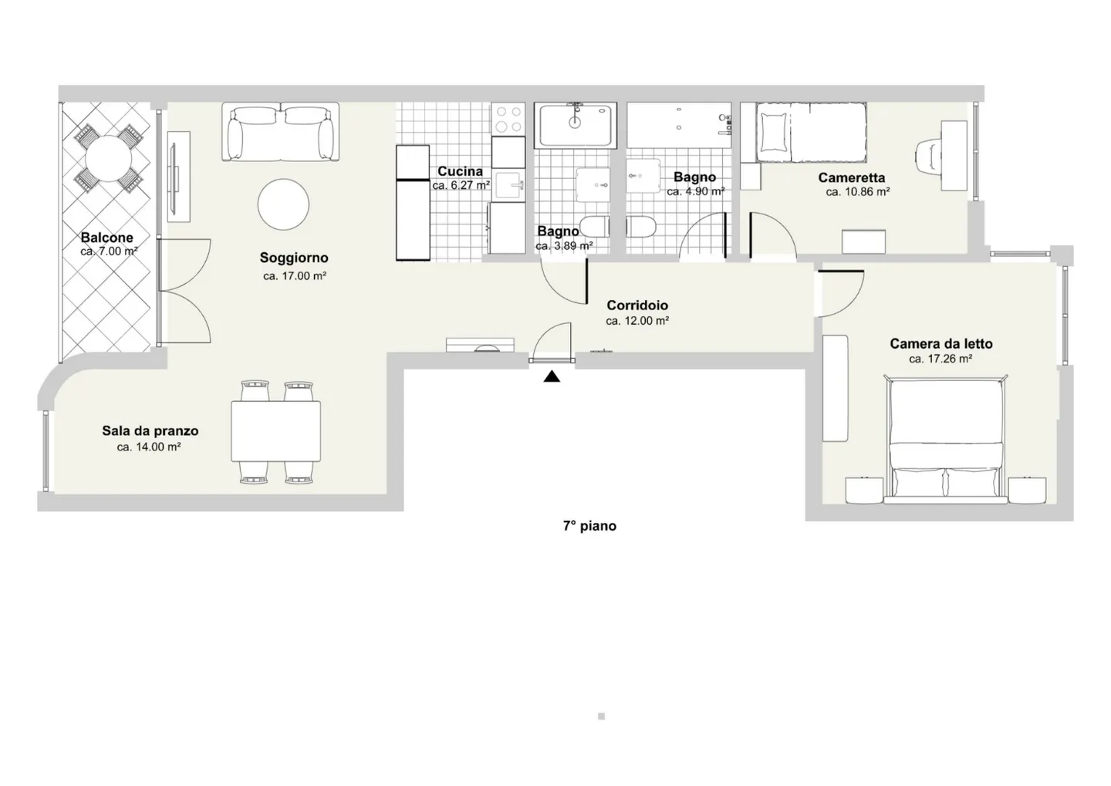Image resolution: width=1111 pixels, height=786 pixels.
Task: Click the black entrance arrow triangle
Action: pyautogui.click(x=552, y=376)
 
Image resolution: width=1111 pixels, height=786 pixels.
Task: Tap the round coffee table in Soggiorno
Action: pyautogui.click(x=283, y=204)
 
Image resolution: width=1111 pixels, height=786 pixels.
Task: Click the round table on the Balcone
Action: pyautogui.click(x=110, y=158)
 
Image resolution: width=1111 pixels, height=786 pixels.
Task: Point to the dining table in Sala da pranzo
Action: pyautogui.click(x=275, y=431)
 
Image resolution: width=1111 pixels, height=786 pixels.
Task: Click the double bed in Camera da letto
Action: pyautogui.click(x=946, y=440)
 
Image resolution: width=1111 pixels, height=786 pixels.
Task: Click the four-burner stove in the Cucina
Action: pyautogui.click(x=508, y=119)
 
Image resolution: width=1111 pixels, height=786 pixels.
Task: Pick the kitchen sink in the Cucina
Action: pyautogui.click(x=508, y=185)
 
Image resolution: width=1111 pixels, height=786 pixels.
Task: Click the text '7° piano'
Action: pyautogui.click(x=589, y=526)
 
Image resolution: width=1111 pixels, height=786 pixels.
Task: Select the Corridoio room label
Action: pyautogui.click(x=637, y=305)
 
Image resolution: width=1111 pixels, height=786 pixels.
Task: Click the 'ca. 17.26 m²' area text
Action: pyautogui.click(x=940, y=359)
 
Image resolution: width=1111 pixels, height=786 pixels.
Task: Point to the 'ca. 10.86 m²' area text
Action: pyautogui.click(x=857, y=192)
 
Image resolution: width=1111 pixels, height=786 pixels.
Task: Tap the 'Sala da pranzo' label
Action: pyautogui.click(x=150, y=431)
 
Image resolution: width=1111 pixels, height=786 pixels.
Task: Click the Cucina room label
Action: pyautogui.click(x=460, y=171)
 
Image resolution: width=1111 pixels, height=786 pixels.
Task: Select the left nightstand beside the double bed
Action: pyautogui.click(x=863, y=490)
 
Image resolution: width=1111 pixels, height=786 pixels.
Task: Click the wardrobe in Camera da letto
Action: pyautogui.click(x=835, y=388)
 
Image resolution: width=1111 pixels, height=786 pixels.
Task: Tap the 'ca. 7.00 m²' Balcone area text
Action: pyautogui.click(x=109, y=251)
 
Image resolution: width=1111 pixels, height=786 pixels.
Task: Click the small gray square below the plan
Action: pyautogui.click(x=601, y=717)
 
